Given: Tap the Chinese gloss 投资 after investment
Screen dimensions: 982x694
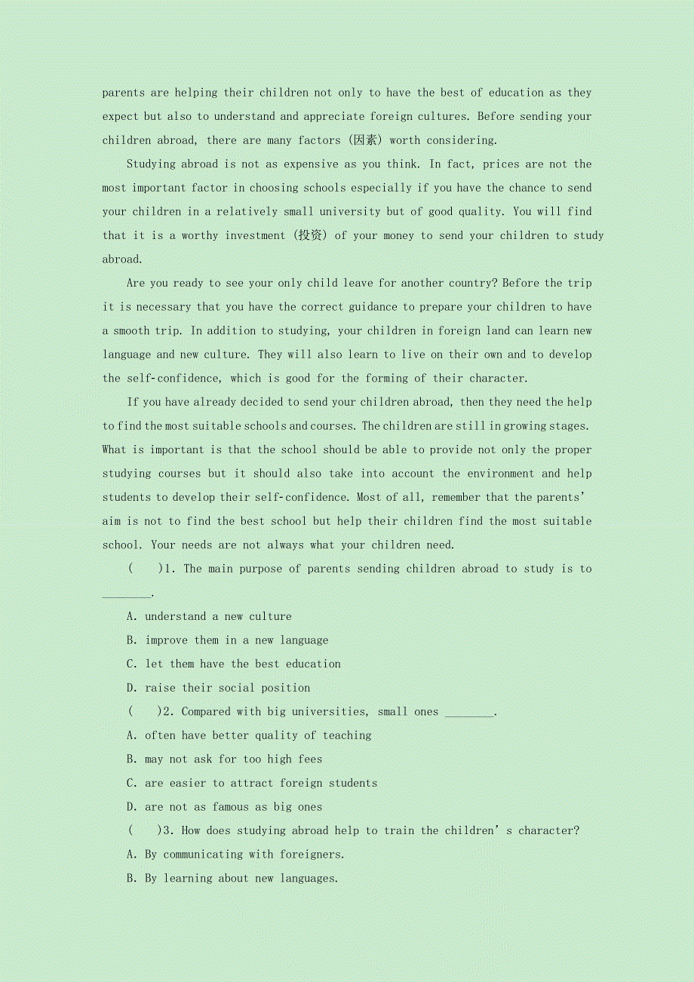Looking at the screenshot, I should (309, 235).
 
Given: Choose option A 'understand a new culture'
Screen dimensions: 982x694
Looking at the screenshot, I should (218, 616).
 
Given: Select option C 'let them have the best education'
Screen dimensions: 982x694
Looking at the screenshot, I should (242, 664).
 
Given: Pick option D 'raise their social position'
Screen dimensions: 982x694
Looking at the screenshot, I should (227, 688).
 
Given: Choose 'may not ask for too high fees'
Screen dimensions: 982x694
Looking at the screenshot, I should (233, 759).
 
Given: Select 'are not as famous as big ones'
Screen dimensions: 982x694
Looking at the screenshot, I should (233, 807).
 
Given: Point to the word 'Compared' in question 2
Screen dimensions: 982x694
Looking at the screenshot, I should (206, 711).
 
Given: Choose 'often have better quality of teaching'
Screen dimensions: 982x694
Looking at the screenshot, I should (258, 735).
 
